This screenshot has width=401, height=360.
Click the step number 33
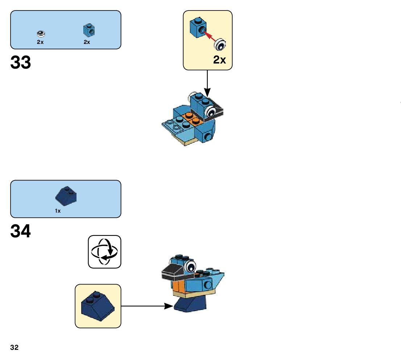(21, 62)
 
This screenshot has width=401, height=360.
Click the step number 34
(21, 231)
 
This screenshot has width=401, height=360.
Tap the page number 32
(15, 347)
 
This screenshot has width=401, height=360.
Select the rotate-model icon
(104, 251)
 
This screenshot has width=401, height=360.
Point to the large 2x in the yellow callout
(219, 60)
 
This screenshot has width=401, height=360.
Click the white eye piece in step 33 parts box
(41, 34)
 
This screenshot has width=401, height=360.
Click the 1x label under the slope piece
(58, 211)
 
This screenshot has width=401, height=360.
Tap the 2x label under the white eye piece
(40, 42)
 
